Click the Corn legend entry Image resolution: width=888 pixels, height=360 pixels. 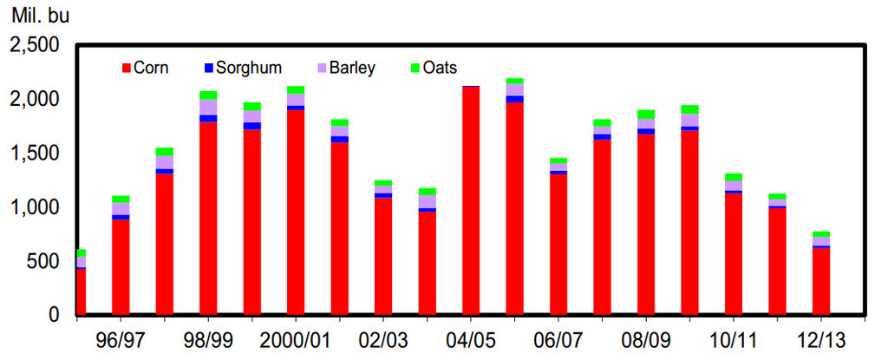(x=145, y=69)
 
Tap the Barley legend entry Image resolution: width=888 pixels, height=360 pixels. (x=346, y=69)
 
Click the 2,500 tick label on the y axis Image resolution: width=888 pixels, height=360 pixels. (x=35, y=45)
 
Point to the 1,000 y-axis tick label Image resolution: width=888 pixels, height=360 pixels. (x=35, y=207)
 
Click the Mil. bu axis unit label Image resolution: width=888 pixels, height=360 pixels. (x=41, y=15)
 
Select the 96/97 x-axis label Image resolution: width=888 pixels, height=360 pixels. (x=121, y=341)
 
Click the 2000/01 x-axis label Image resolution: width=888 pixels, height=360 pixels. (x=295, y=341)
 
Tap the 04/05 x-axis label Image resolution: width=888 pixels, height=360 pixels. (x=471, y=341)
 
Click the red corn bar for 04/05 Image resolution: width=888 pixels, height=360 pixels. (x=471, y=200)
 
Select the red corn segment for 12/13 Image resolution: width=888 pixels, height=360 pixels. (x=820, y=282)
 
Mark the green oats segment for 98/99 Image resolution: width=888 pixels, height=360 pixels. (x=208, y=95)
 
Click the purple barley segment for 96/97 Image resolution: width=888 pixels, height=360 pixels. (x=121, y=209)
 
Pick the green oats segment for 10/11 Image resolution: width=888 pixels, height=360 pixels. (x=734, y=177)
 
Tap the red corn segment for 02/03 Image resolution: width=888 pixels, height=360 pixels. (x=383, y=257)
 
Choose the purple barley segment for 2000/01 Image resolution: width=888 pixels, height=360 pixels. (x=296, y=100)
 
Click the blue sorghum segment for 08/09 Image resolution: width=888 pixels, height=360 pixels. (x=645, y=132)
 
